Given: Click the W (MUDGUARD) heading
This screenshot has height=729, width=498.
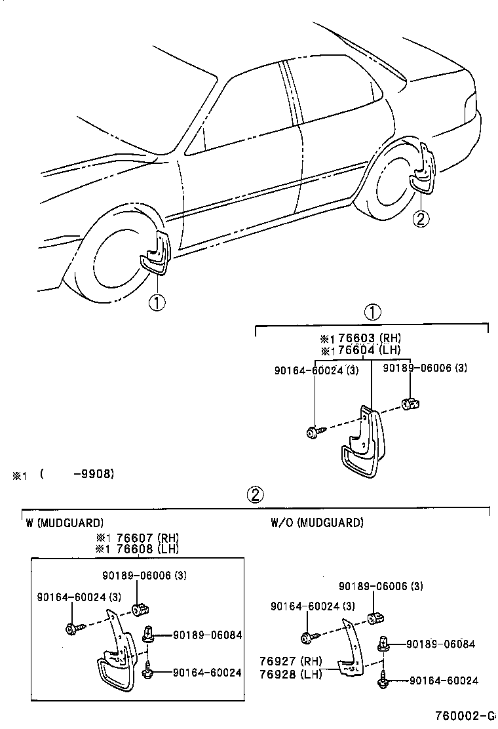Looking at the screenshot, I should (65, 522).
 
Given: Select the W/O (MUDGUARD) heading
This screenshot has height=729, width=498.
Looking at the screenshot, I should (316, 522).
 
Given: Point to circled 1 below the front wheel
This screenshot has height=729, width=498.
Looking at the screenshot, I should (157, 303).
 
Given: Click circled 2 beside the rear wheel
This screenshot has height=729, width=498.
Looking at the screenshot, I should (421, 218).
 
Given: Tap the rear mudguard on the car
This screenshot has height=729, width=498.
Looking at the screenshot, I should (421, 172).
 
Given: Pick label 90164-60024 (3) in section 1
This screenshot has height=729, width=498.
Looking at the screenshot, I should (316, 370).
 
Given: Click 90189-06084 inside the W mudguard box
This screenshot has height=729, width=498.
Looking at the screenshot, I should (207, 635).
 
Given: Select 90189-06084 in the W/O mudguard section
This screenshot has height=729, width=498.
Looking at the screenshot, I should (440, 644).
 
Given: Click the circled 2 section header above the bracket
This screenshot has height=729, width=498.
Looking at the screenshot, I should (255, 495).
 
